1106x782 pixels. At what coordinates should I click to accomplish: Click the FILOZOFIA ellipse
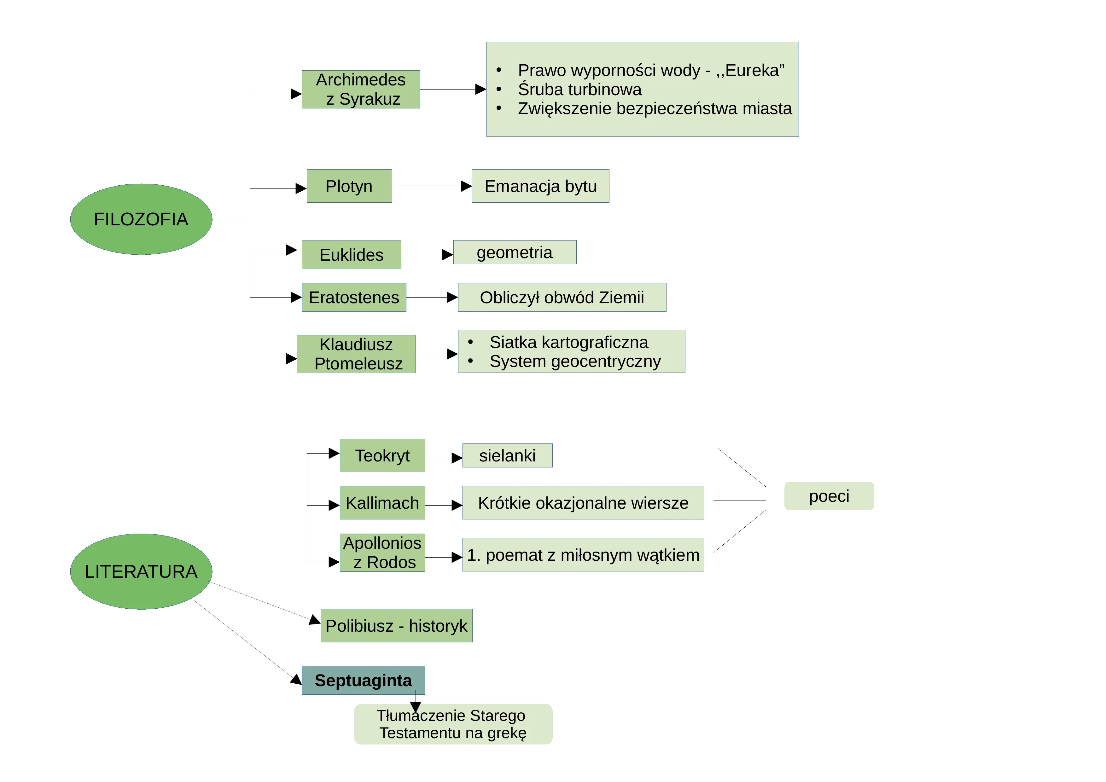point(141,219)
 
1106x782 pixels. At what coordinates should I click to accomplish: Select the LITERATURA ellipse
point(141,571)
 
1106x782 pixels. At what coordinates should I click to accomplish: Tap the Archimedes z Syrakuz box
point(361,90)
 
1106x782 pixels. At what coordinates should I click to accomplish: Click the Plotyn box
point(349,186)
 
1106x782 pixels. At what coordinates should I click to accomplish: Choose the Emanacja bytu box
point(540,186)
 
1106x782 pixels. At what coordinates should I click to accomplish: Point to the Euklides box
point(352,255)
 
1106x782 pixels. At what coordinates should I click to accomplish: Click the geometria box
point(515,252)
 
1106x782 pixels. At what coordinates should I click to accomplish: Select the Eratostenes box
point(354,298)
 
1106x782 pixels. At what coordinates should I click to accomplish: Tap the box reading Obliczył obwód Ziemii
point(562,298)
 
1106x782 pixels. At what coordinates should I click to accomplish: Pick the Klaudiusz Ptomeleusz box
point(356,354)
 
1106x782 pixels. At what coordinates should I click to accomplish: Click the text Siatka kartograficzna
point(569,342)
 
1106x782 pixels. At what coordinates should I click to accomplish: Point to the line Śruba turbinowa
point(580,90)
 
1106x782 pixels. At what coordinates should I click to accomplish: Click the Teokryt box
point(382,455)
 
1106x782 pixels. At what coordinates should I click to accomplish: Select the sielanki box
point(507,455)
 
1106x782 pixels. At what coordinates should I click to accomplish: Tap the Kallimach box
point(382,503)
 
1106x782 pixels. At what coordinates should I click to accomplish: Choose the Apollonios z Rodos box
point(382,553)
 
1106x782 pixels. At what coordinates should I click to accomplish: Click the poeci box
point(829,496)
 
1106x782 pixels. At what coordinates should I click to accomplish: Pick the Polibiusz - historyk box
point(396,625)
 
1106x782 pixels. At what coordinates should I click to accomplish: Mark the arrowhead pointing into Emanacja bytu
point(466,186)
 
